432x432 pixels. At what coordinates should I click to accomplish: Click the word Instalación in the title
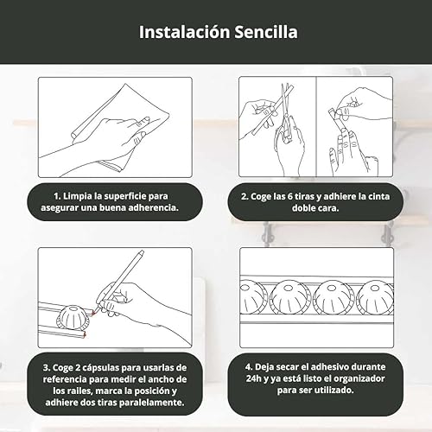(184, 32)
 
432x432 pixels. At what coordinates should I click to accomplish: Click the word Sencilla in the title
(266, 32)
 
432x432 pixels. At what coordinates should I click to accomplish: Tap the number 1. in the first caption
(57, 196)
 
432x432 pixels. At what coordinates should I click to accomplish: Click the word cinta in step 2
(378, 196)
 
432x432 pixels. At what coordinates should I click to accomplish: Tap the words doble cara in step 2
(315, 208)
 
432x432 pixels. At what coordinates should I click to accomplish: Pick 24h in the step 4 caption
(253, 378)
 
